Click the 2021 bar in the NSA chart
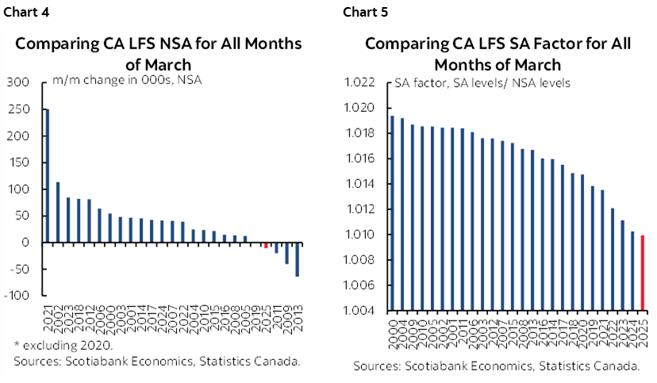47,175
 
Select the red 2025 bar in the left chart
267,245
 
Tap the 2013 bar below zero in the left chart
298,259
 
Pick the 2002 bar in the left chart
57,212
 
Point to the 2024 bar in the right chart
632,270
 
